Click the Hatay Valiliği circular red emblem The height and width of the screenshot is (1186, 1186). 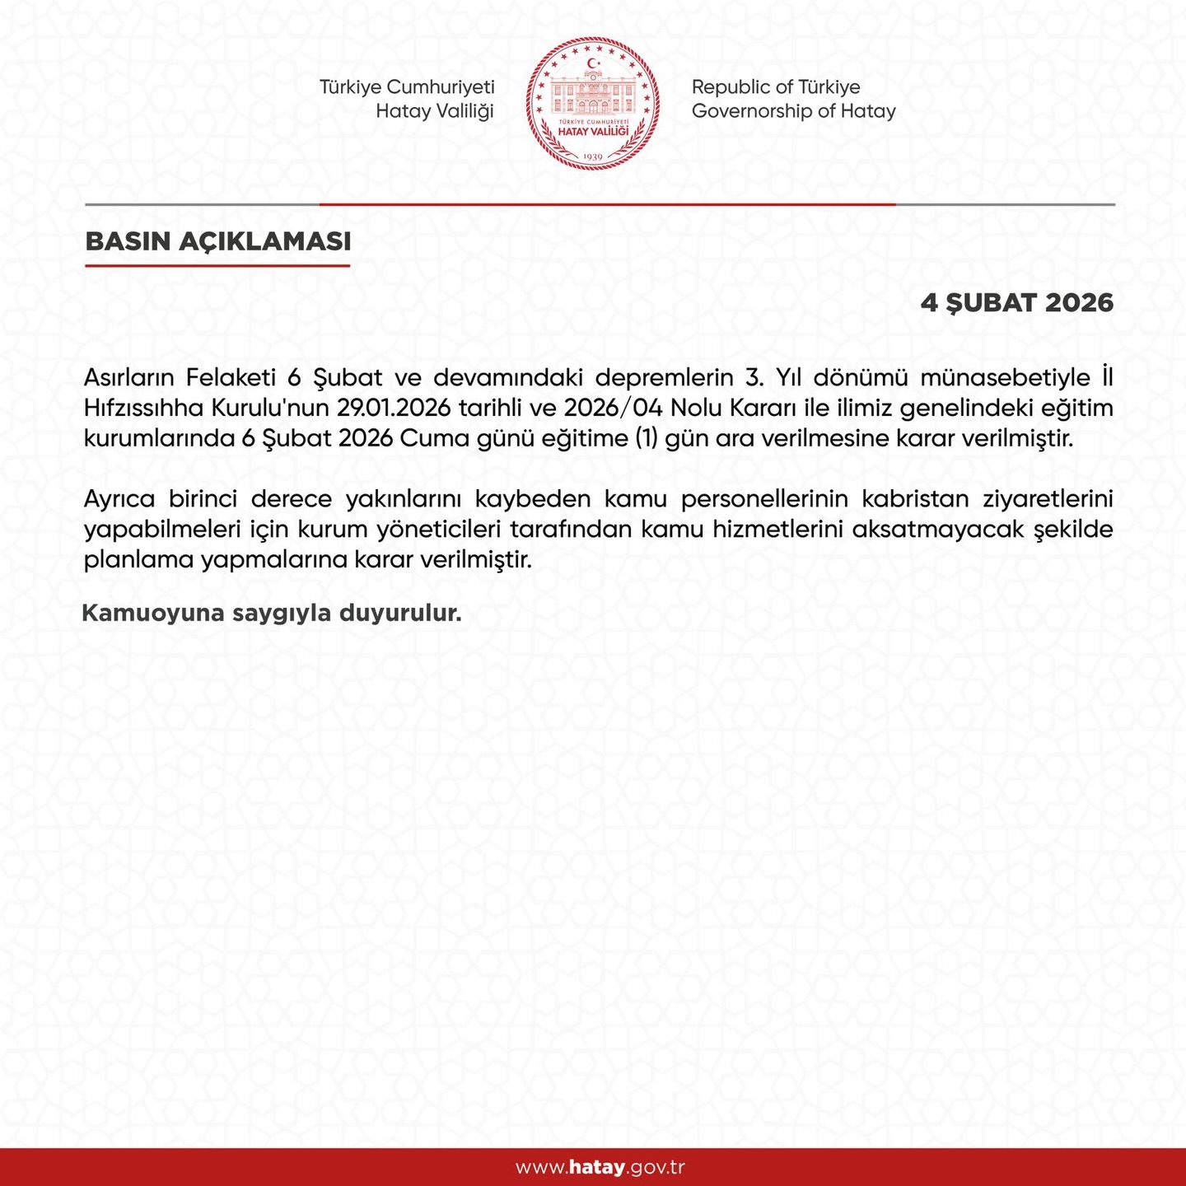coord(593,103)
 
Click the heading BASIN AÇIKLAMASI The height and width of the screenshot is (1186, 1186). coord(218,241)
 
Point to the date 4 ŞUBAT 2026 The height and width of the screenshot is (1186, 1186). coord(1016,302)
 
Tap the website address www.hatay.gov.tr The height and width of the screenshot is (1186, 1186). coord(600,1167)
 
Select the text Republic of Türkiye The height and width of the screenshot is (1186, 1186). coord(776,87)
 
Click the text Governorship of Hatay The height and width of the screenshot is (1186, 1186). coord(793,111)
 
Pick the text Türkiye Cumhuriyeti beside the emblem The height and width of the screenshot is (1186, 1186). coord(407,87)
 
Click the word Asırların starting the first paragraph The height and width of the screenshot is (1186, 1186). coord(128,378)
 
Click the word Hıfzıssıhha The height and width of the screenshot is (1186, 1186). coord(143,409)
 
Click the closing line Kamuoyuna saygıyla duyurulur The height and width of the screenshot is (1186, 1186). coord(272,614)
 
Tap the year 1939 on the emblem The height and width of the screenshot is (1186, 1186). coord(593,156)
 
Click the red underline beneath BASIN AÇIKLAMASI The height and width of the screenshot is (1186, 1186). coord(218,265)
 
